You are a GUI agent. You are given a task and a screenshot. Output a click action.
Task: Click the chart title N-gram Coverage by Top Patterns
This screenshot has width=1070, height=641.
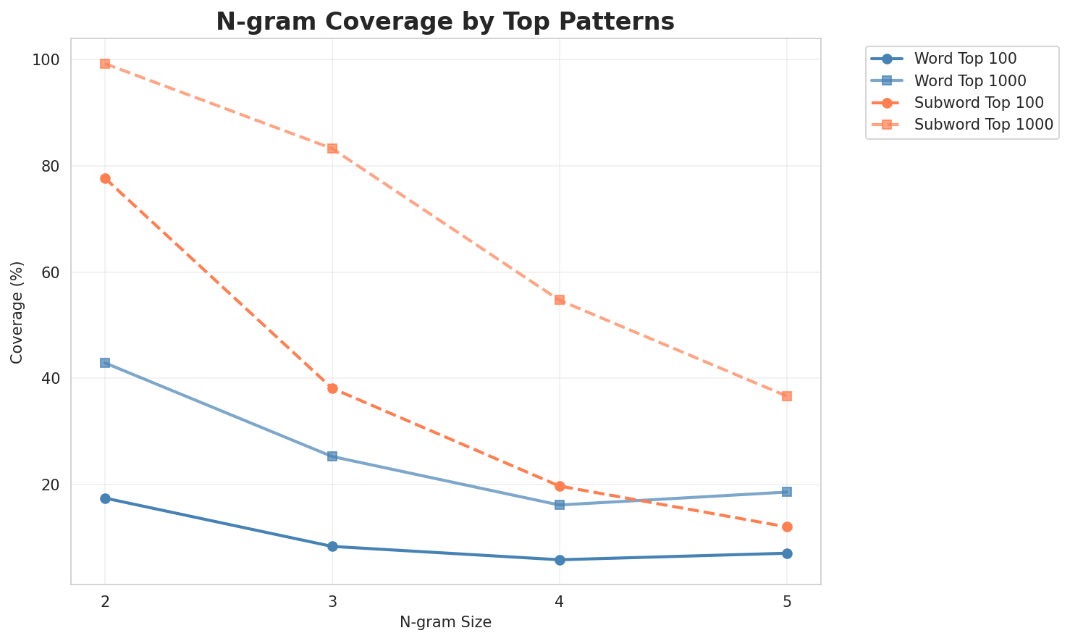coord(445,22)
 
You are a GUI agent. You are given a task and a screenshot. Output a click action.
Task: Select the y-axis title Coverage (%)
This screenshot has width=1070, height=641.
coord(17,312)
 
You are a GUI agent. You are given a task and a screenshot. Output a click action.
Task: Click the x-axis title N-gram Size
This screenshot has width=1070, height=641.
coord(445,622)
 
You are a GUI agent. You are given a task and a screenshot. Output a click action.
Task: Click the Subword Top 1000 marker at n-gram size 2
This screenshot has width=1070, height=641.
coord(105,64)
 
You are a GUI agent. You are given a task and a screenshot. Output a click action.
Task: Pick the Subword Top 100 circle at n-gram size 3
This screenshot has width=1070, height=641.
coord(332,388)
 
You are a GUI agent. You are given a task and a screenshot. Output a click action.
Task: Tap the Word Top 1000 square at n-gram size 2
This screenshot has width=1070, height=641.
coord(105,363)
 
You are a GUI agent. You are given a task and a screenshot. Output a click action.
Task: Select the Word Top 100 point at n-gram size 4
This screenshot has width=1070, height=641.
coord(560,560)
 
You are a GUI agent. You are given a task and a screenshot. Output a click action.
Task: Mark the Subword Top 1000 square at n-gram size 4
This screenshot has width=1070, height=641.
coord(560,300)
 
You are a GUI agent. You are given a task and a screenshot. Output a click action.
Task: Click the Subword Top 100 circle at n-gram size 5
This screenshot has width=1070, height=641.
coord(787,527)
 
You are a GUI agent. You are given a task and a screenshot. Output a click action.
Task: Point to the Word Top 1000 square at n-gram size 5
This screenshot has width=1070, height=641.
coord(787,492)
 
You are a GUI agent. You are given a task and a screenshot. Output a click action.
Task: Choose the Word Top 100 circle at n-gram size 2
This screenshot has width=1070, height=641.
coord(105,498)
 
